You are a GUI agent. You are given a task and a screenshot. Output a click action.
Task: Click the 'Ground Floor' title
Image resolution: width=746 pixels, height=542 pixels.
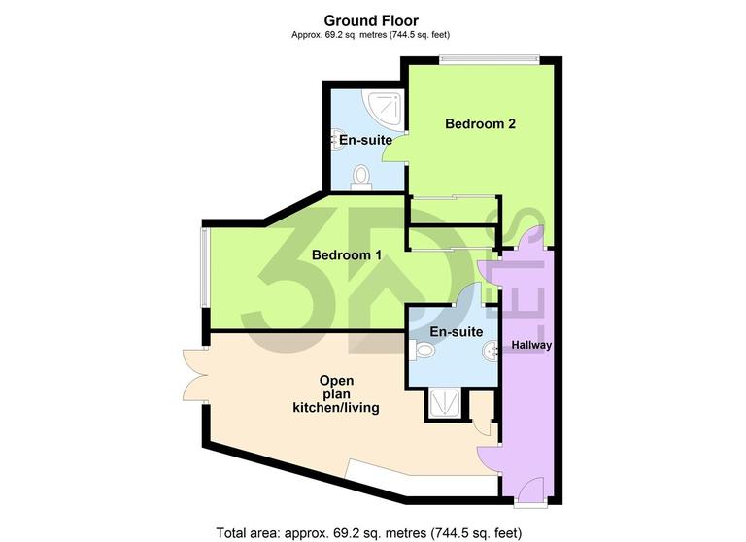point(371,20)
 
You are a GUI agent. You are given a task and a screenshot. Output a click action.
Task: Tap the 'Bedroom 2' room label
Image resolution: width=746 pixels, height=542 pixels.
point(480,124)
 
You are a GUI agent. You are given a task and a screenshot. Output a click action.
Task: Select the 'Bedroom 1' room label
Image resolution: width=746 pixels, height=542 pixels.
point(346,255)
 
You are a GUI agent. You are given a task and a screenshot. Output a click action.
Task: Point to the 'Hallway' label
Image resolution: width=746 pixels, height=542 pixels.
point(530,345)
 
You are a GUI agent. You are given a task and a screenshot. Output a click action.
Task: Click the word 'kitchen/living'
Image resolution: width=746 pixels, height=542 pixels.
point(336,409)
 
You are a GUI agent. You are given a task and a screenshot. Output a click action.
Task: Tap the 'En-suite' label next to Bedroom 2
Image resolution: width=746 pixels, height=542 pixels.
point(365,141)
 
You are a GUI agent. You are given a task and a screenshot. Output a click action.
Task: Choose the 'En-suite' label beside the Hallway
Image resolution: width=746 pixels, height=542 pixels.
point(457,332)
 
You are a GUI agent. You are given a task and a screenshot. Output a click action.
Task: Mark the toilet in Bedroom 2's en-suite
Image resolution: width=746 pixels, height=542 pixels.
point(362,176)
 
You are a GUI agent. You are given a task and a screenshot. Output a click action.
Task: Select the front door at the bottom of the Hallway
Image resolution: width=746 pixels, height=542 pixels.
point(530,491)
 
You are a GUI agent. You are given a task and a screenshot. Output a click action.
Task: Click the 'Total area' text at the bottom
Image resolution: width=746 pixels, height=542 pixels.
point(372,532)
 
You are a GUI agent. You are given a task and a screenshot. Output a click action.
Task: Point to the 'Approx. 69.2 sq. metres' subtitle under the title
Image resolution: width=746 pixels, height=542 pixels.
point(371,36)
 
